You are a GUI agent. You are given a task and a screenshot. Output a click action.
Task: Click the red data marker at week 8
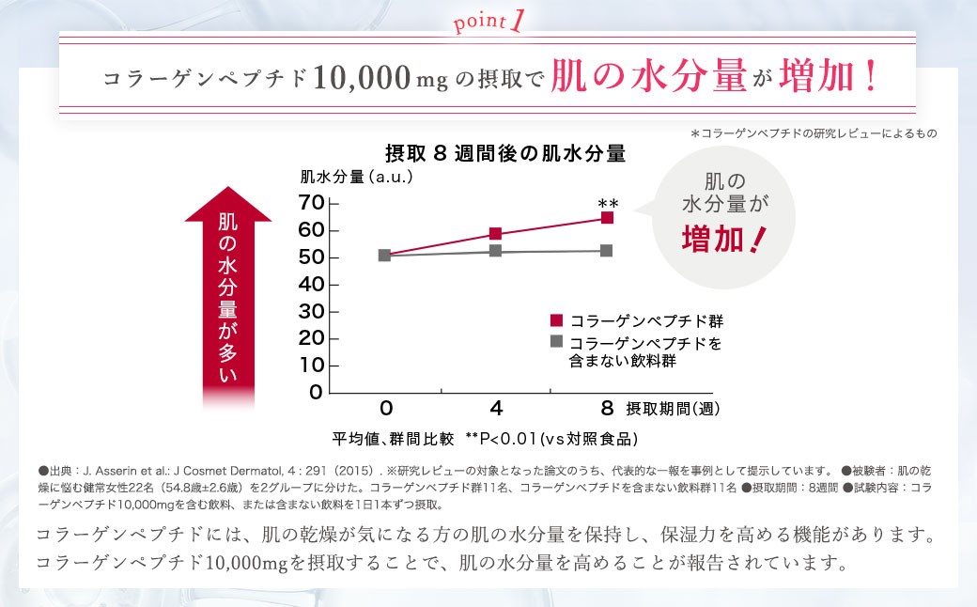[x=607, y=218]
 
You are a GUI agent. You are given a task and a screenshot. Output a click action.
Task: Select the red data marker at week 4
[x=495, y=234]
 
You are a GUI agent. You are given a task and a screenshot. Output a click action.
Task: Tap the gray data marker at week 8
[x=607, y=251]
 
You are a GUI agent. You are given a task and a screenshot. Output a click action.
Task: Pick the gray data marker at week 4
[x=495, y=252]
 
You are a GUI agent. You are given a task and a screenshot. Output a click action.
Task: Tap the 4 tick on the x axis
[x=495, y=408]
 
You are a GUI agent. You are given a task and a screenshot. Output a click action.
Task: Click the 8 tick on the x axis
[x=607, y=408]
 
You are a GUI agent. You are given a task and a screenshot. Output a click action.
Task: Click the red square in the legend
[x=557, y=319]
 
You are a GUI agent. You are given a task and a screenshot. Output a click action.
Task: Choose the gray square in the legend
[x=557, y=341]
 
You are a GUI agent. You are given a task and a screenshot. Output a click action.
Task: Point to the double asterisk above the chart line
[x=608, y=203]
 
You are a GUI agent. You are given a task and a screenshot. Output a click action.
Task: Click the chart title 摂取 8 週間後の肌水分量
[x=505, y=152]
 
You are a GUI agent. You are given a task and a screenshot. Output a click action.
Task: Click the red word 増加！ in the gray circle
[x=723, y=240]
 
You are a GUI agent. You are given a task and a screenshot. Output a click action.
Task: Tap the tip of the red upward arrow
[x=230, y=189]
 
